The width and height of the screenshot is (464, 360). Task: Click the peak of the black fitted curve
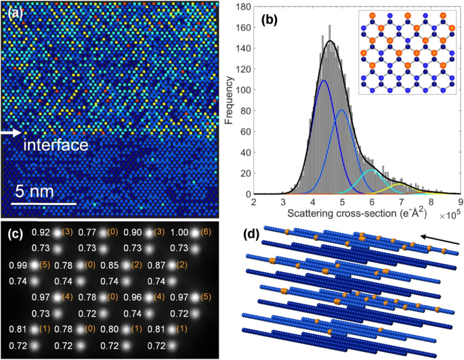(x=330, y=41)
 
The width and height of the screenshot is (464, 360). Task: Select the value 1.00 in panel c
(x=176, y=233)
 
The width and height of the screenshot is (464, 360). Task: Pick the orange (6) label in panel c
(x=204, y=233)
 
